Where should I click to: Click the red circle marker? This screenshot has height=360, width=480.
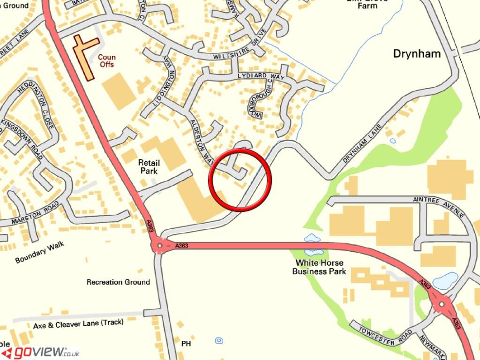click(241, 180)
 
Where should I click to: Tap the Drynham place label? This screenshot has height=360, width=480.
click(417, 54)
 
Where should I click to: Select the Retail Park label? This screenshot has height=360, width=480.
click(149, 167)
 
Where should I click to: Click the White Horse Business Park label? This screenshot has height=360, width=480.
click(319, 267)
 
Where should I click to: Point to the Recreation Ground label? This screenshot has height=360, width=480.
click(118, 282)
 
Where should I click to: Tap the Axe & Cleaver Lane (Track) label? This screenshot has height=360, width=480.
click(78, 323)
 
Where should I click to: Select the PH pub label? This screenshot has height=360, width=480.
click(186, 344)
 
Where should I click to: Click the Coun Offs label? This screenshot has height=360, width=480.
click(106, 61)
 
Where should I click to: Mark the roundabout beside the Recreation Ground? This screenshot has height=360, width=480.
click(160, 245)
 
